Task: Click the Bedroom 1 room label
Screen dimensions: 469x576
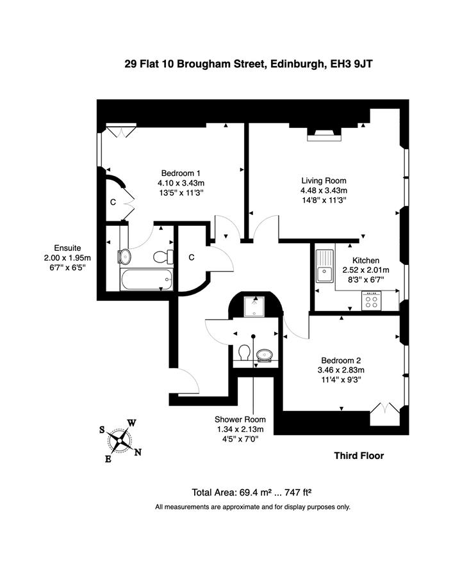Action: pyautogui.click(x=181, y=173)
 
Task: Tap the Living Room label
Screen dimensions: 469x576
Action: pyautogui.click(x=324, y=180)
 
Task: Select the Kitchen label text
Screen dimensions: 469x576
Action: pyautogui.click(x=366, y=260)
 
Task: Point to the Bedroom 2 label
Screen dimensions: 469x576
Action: pyautogui.click(x=341, y=361)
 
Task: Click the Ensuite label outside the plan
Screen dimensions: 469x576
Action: pyautogui.click(x=67, y=248)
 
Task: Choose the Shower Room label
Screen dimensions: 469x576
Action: pyautogui.click(x=240, y=419)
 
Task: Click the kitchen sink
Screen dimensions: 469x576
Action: pyautogui.click(x=324, y=266)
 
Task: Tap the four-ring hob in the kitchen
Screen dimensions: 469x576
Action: pyautogui.click(x=372, y=301)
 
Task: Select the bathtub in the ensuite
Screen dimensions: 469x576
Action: pyautogui.click(x=146, y=280)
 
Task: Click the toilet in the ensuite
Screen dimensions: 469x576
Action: pyautogui.click(x=163, y=257)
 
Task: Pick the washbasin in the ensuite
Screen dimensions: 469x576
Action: pyautogui.click(x=124, y=257)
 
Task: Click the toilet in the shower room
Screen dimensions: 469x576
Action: pyautogui.click(x=244, y=352)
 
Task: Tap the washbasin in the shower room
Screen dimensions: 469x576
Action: pyautogui.click(x=265, y=355)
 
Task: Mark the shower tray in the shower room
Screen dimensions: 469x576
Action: pyautogui.click(x=254, y=306)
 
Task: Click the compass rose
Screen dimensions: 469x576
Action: pyautogui.click(x=120, y=440)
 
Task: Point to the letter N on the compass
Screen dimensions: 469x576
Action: pyautogui.click(x=138, y=452)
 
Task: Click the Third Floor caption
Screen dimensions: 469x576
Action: pyautogui.click(x=359, y=456)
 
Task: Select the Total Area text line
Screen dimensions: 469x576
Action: pyautogui.click(x=252, y=492)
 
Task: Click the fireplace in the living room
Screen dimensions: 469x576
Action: pyautogui.click(x=324, y=134)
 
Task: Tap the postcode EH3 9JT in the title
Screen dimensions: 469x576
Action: pyautogui.click(x=351, y=64)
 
